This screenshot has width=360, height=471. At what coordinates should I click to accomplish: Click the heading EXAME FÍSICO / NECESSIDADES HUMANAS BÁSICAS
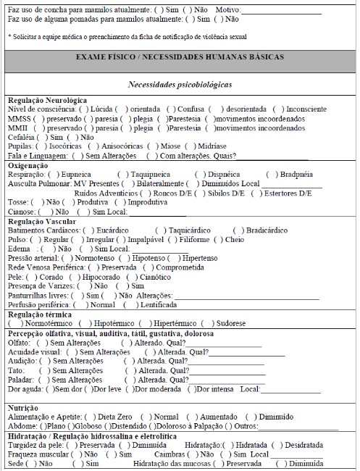[180, 57]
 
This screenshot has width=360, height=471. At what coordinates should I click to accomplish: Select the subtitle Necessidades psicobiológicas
[180, 85]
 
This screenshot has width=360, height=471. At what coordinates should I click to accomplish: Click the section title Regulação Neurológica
[47, 99]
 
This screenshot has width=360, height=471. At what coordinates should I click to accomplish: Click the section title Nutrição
[25, 408]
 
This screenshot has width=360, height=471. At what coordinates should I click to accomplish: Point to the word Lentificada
[159, 305]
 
